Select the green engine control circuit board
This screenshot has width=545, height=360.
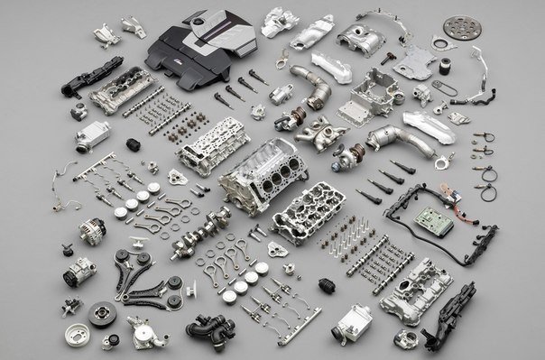coord(427,220)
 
